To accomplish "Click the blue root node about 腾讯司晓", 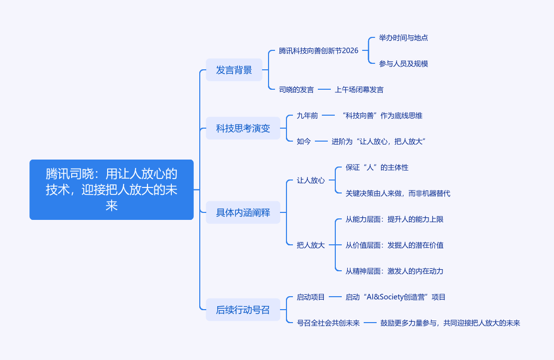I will coord(111,189).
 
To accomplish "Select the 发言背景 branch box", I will coord(234,70).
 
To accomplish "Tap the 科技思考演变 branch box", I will coord(243,128).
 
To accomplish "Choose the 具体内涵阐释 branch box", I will coord(243,212).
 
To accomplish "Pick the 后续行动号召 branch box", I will coord(243,310).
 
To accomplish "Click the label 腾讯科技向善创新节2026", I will coord(318,50).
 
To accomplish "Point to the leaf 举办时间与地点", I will coord(403,38).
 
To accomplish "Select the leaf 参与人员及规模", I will coord(403,64).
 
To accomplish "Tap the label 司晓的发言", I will coord(296,90).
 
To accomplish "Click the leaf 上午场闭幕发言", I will coord(359,90).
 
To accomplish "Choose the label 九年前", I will coord(307,116).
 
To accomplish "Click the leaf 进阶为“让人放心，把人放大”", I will coord(378,142).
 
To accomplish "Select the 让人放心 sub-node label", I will coord(310,180).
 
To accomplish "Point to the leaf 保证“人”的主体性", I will coord(377,168).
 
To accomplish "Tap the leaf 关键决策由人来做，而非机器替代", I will coord(398,193).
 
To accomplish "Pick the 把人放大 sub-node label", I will coord(310,245).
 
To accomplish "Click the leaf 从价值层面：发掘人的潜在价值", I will coord(394,245).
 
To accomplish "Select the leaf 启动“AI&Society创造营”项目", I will coord(395,297).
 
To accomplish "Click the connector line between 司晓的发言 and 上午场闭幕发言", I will coord(324,90).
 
